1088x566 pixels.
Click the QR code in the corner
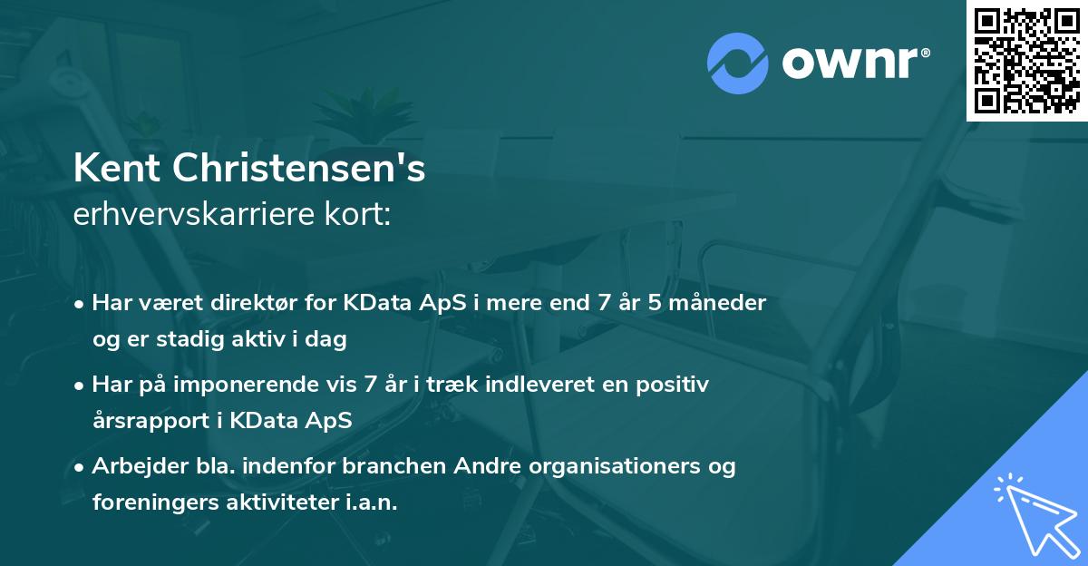(x=1027, y=60)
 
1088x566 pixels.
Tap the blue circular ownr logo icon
(x=738, y=63)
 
